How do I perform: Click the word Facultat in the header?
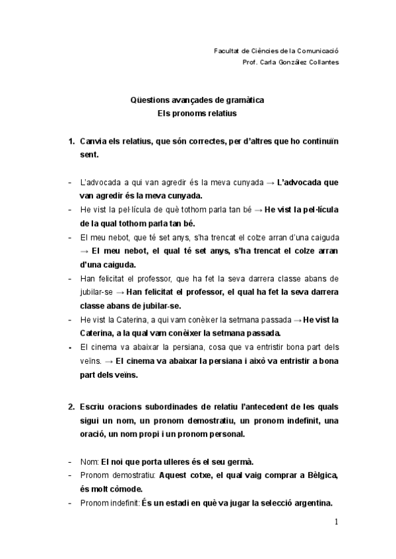[228, 50]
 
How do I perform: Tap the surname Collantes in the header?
[322, 63]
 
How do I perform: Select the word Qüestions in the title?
[150, 100]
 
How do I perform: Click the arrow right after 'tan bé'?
[258, 210]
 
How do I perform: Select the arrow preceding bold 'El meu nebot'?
[84, 251]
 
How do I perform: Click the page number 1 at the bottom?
[336, 523]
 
